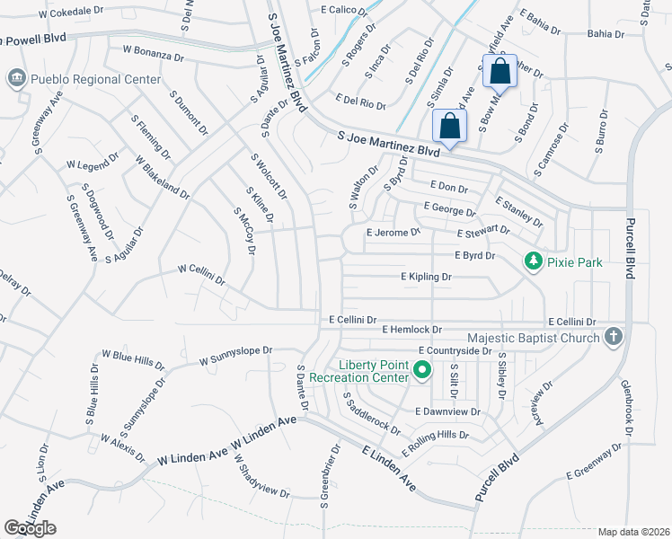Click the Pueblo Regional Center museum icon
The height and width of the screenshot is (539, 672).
click(x=16, y=79)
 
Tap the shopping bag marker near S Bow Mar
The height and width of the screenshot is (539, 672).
click(x=499, y=71)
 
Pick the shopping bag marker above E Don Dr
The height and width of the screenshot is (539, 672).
click(x=449, y=127)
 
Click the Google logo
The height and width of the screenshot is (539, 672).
click(x=30, y=527)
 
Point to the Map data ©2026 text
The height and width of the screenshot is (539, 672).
click(x=633, y=532)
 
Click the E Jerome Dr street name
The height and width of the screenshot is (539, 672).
click(x=393, y=232)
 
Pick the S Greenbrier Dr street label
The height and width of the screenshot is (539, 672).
click(x=330, y=475)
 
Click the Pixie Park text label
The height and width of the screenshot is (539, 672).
click(x=575, y=262)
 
